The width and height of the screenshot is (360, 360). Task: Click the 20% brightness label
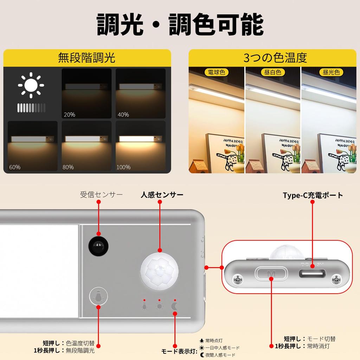coord(69,115)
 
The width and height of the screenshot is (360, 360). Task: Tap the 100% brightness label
coord(123,167)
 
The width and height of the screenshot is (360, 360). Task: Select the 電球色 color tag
coord(216,72)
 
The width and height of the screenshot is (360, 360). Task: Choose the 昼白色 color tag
coord(272,72)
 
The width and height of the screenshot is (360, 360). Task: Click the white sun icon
coord(31,85)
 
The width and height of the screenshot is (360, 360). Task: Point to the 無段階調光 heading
coord(86,58)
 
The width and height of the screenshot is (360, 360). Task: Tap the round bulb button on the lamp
coord(98,297)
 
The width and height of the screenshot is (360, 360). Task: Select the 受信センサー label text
coord(101,194)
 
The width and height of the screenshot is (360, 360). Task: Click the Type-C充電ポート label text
coord(313,195)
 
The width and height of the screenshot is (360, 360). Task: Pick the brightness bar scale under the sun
coord(31,108)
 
